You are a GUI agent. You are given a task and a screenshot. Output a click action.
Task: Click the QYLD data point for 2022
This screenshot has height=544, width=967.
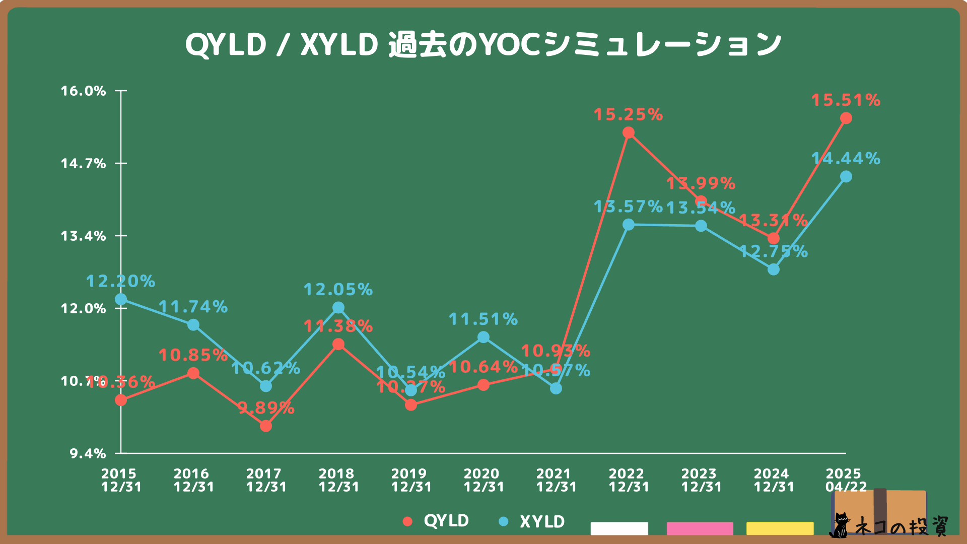click(629, 133)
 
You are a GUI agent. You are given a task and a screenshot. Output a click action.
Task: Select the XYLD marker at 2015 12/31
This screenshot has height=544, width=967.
click(121, 300)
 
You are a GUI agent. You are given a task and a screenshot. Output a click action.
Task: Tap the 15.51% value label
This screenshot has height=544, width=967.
click(846, 100)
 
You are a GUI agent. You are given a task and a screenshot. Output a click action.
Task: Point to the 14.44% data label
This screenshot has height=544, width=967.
click(846, 159)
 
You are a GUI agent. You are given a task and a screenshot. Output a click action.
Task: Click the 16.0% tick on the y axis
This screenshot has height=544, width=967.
click(84, 91)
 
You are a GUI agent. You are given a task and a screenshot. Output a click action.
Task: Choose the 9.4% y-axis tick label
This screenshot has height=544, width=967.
click(88, 454)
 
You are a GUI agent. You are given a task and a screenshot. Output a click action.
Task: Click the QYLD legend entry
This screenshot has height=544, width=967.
click(436, 521)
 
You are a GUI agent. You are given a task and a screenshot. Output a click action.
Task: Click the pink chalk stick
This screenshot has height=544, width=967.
click(700, 528)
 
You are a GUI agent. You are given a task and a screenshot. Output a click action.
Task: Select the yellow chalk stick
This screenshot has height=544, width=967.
click(780, 528)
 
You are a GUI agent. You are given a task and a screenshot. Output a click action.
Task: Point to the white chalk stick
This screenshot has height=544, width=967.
click(619, 528)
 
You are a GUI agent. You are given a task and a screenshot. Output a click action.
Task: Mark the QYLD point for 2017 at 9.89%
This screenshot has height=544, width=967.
click(266, 426)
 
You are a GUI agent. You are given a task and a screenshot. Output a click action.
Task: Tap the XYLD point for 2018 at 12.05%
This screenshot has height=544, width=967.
click(338, 308)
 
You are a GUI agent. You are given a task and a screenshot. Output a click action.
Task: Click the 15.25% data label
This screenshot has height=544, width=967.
click(628, 115)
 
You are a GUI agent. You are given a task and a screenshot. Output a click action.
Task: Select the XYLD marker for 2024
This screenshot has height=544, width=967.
click(774, 270)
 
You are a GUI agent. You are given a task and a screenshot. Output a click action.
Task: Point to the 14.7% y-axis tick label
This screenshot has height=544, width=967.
click(84, 164)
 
